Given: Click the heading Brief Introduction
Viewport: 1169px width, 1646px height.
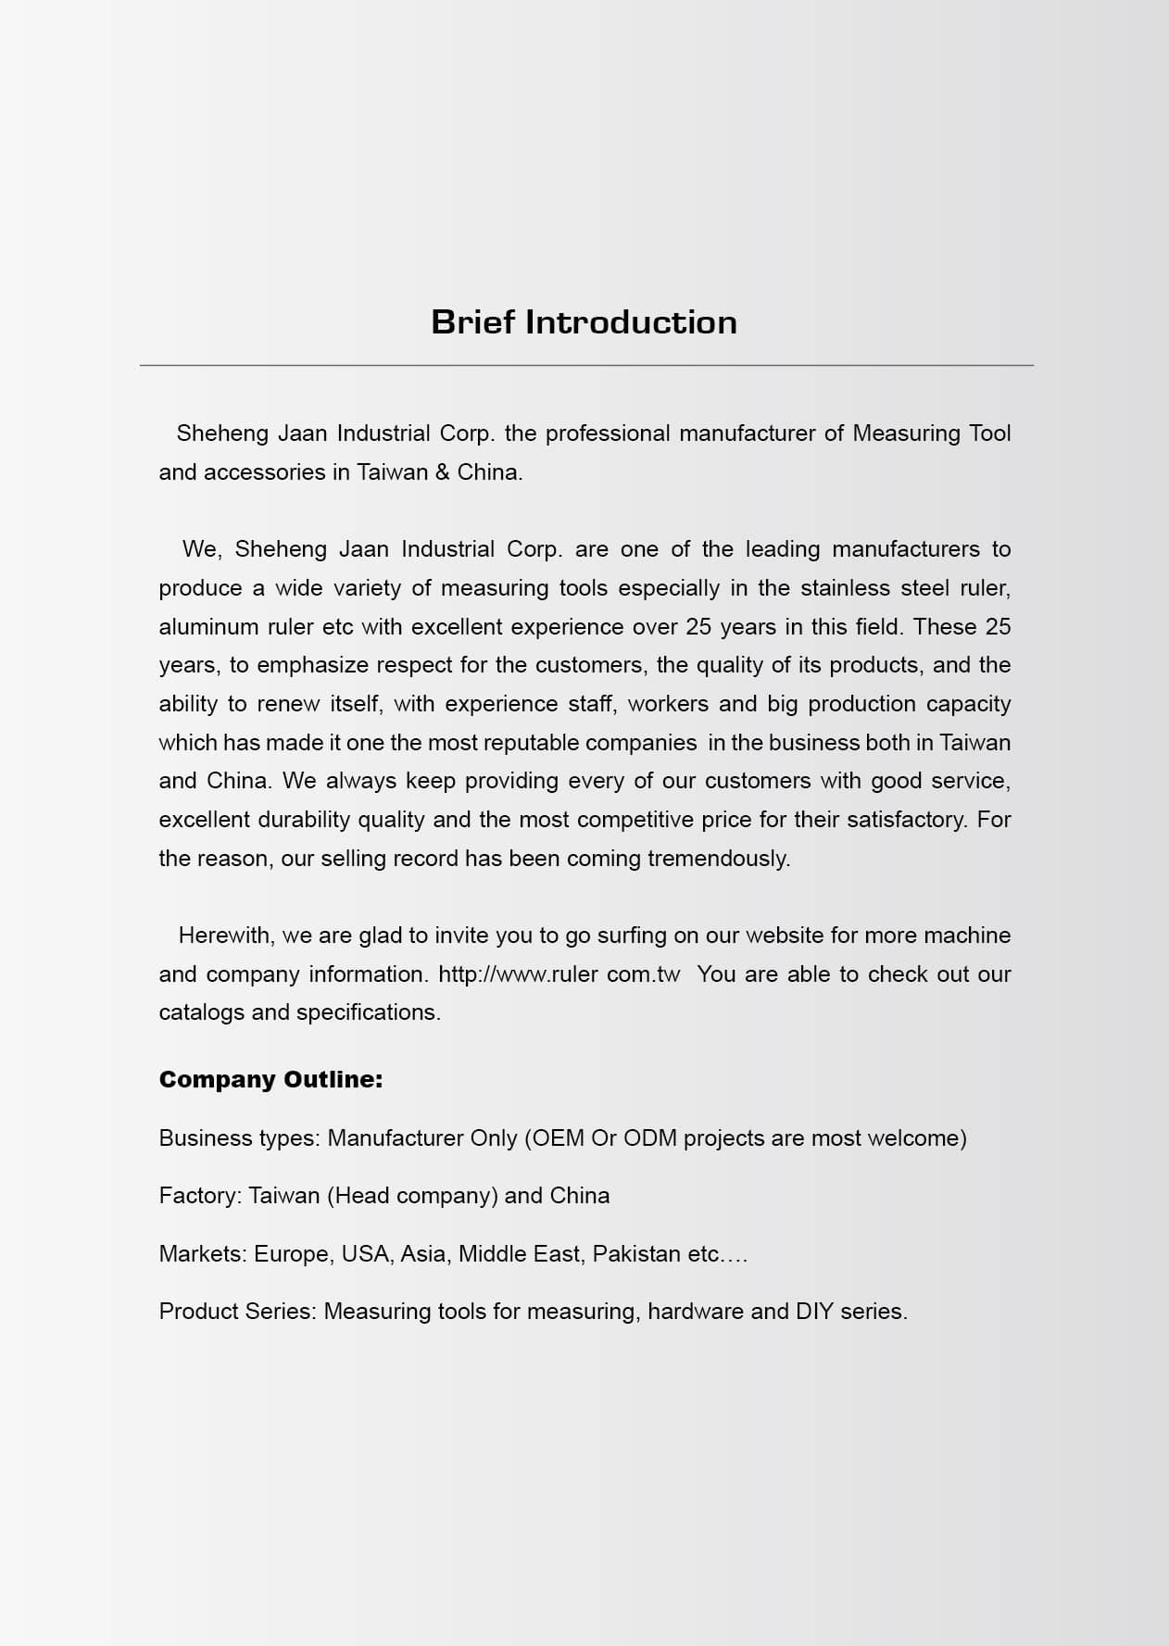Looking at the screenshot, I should click(584, 322).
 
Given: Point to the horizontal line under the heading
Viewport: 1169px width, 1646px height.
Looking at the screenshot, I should click(586, 366).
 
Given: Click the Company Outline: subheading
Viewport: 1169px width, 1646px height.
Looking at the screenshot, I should click(270, 1080).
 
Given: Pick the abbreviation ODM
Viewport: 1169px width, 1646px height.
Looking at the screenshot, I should click(649, 1138).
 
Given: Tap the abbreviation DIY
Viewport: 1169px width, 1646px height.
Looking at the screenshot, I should click(815, 1312).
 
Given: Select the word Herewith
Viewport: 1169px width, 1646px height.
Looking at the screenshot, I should click(225, 936).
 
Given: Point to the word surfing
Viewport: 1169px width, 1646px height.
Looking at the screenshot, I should click(632, 936).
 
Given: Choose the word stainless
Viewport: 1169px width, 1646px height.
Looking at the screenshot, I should click(846, 588).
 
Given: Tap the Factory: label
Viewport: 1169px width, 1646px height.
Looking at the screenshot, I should click(200, 1196).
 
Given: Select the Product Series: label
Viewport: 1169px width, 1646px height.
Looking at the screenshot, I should click(238, 1312).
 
